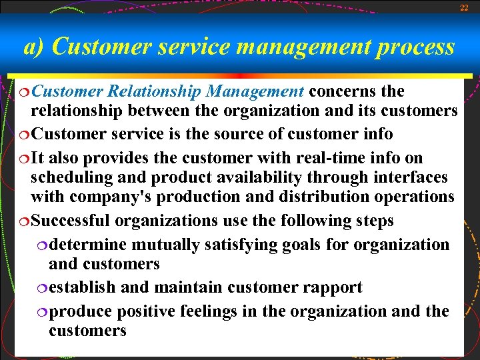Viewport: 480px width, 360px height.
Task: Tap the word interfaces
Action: click(408, 178)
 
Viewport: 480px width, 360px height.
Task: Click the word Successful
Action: click(72, 221)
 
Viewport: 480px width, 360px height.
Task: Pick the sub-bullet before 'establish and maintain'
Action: click(43, 289)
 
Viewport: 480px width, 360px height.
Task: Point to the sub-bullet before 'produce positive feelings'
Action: click(43, 312)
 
